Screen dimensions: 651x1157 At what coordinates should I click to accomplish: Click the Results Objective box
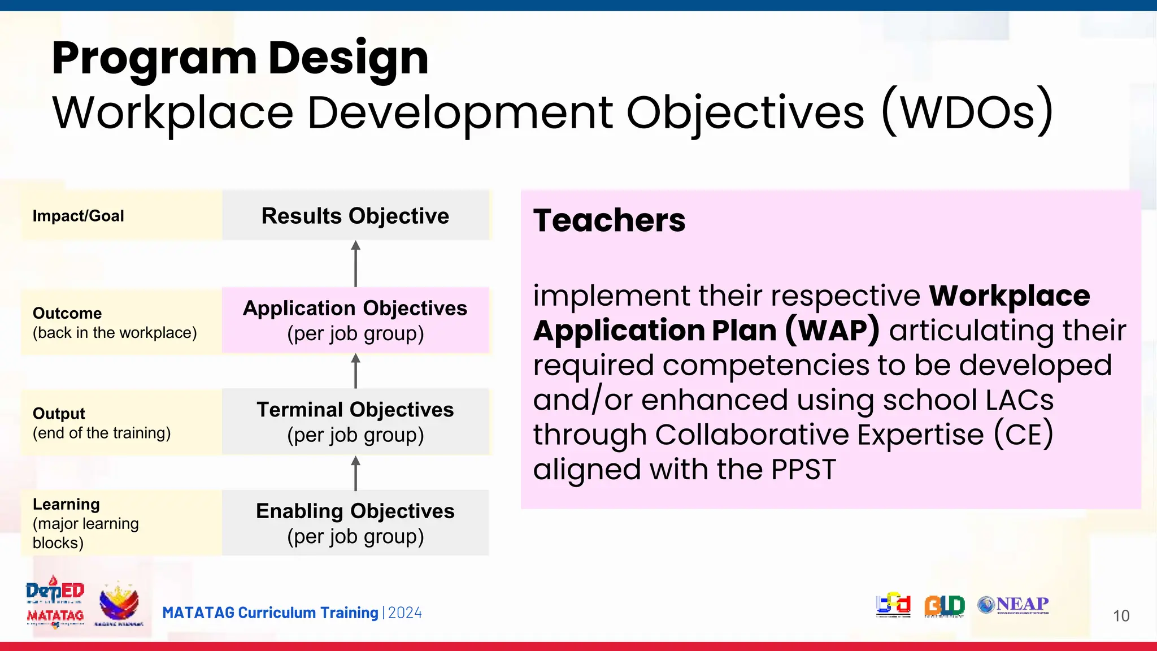(355, 216)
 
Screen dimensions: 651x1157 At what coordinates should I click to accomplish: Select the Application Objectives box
(355, 320)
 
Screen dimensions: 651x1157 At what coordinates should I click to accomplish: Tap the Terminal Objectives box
(355, 422)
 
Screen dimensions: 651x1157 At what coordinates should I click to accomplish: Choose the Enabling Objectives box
(355, 523)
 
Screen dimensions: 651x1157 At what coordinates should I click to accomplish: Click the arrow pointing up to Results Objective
(355, 263)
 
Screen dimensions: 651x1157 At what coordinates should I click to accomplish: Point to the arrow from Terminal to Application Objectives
(355, 371)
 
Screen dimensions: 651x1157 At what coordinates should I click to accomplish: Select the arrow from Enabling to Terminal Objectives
(355, 473)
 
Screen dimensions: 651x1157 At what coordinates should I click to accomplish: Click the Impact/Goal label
(78, 216)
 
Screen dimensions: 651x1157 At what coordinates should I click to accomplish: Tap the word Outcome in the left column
(67, 313)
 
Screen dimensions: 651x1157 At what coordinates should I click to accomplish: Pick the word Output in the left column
(59, 413)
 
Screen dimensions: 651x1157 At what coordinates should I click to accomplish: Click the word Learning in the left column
(66, 504)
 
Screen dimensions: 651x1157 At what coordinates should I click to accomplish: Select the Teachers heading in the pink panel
(609, 220)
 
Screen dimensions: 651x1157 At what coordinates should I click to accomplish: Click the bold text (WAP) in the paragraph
(832, 330)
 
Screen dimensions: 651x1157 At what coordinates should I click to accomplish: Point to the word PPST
(803, 470)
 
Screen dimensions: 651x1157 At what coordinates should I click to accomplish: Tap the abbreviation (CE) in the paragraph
(1023, 435)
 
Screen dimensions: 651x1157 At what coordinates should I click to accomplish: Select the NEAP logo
(1014, 605)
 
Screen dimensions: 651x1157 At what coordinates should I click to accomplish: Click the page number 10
(1121, 616)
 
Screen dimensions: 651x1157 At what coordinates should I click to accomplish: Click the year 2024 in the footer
(405, 613)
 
